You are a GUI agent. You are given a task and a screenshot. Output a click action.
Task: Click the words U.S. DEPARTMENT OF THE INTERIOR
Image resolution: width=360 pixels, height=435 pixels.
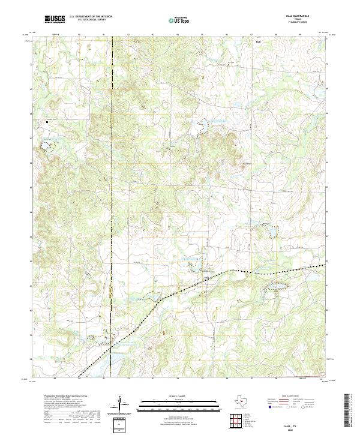[x=91, y=17]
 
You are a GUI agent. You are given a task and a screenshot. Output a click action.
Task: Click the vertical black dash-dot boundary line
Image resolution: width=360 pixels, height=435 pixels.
[x=112, y=180]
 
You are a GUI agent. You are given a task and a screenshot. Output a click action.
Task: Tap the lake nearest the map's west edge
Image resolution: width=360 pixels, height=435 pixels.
[x=45, y=144]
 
